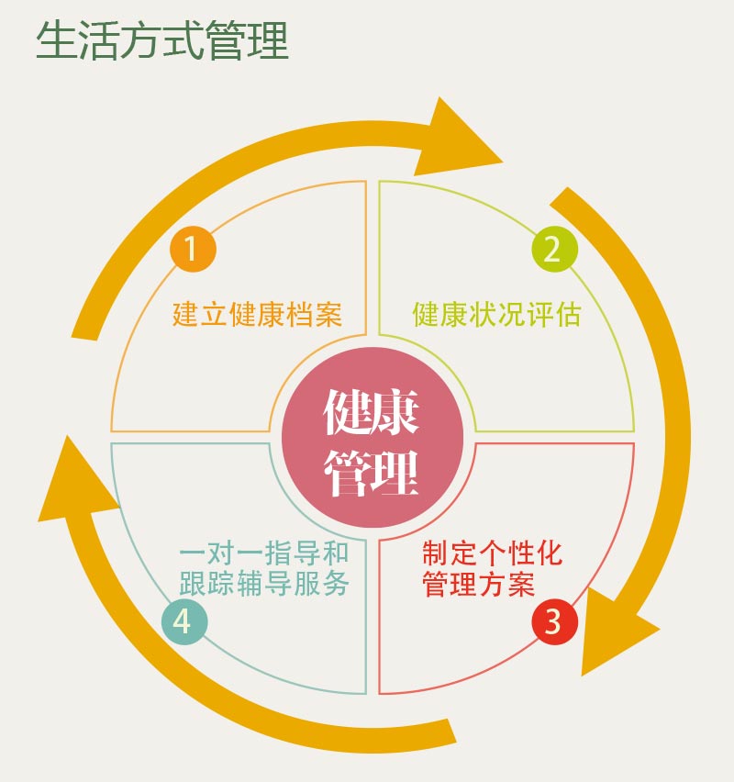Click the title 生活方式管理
(x=162, y=41)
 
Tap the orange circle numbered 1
(x=193, y=248)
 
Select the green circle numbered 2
(x=555, y=249)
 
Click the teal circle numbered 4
(x=184, y=621)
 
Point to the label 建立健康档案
(x=257, y=315)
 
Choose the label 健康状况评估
(x=496, y=315)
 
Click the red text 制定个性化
(x=492, y=554)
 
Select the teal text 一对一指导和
(x=264, y=554)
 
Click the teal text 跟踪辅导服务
(x=264, y=585)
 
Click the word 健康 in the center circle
(x=371, y=412)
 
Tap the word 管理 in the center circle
(x=371, y=473)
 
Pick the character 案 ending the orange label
(x=328, y=315)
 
